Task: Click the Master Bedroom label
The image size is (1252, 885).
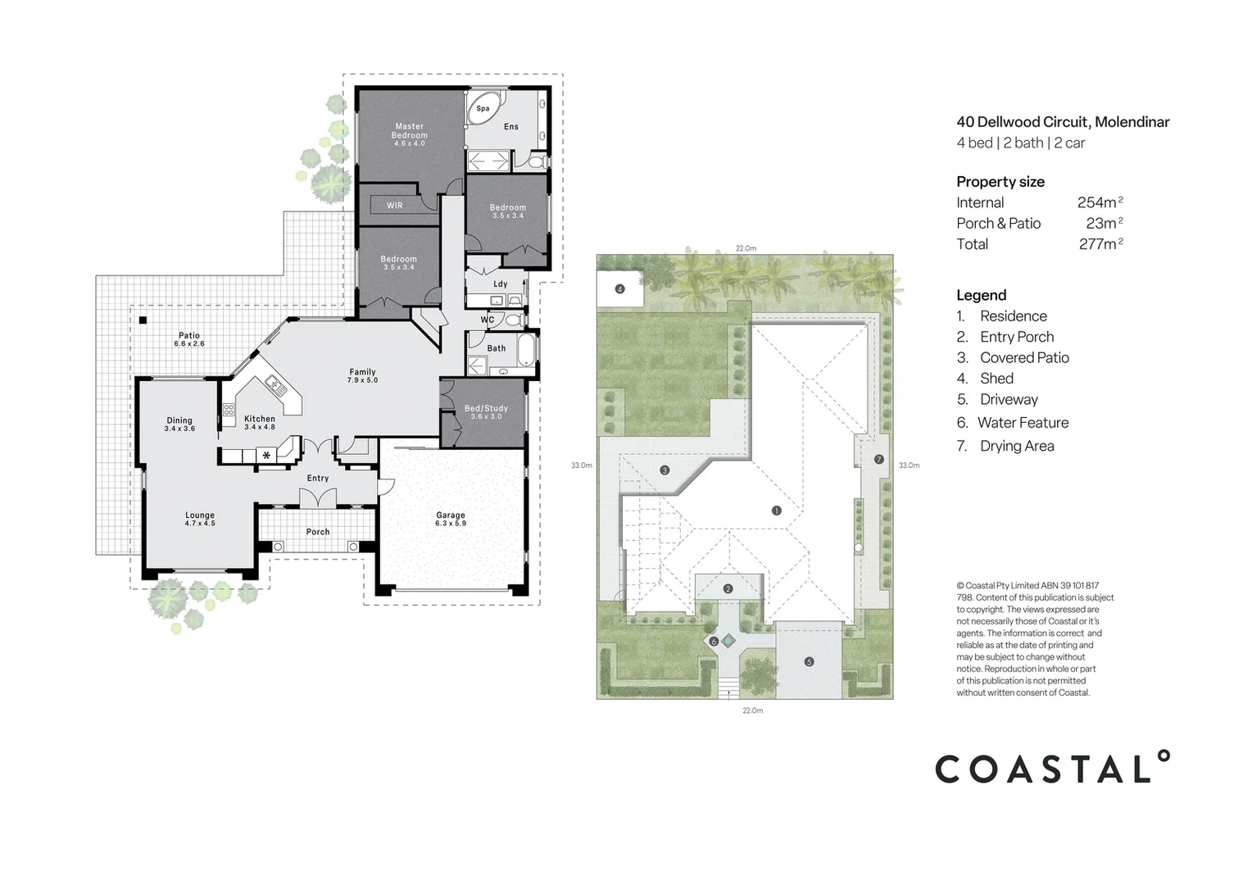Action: (409, 131)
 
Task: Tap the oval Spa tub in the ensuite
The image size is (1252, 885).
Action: (483, 108)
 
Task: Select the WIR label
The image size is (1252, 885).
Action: (395, 206)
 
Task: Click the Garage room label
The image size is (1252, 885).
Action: (451, 515)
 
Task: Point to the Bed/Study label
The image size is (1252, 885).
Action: (486, 408)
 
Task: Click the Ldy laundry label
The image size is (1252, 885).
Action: (500, 284)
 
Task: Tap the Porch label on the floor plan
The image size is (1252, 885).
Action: (318, 532)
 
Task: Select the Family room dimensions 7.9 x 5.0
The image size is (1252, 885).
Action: (362, 380)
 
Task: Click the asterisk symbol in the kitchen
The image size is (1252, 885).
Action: (266, 456)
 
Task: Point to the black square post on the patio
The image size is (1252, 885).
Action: (143, 320)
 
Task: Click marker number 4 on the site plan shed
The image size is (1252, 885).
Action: (619, 288)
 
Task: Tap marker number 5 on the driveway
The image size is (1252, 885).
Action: (809, 661)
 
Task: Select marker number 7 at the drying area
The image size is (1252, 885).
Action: (878, 460)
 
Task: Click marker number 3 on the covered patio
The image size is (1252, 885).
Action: (665, 470)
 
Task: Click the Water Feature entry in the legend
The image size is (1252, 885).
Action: (1023, 423)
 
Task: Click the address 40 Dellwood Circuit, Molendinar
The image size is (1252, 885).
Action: (1063, 122)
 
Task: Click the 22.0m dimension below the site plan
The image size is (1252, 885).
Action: (752, 710)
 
